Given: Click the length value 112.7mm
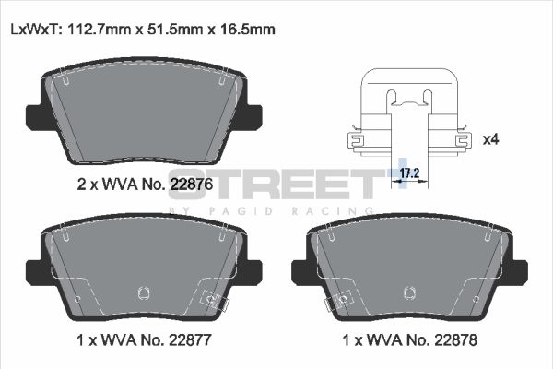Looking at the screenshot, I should (97, 29).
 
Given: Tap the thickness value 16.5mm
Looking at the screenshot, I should (244, 29).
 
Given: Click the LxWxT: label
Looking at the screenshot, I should (34, 29).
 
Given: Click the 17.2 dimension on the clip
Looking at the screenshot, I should (407, 173).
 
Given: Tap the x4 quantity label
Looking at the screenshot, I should (490, 139).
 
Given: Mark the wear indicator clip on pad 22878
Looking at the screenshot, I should (342, 301).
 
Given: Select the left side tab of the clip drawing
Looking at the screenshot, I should (354, 140).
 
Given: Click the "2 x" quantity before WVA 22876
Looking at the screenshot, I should (86, 184).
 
